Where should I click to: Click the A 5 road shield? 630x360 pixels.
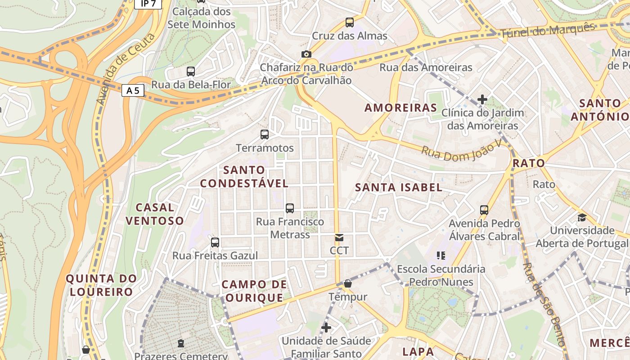(x=133, y=90)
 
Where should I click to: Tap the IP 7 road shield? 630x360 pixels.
(x=147, y=4)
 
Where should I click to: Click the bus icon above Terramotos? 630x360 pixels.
(x=265, y=134)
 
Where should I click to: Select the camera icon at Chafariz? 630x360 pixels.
(x=306, y=54)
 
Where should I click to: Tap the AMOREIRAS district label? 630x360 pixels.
(x=400, y=108)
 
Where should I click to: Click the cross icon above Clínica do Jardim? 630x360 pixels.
(x=482, y=99)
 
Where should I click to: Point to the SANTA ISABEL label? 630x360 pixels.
(x=399, y=187)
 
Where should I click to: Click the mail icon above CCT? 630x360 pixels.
(x=339, y=237)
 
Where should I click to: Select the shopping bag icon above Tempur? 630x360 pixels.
(x=347, y=283)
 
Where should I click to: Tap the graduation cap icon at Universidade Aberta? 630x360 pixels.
(x=582, y=217)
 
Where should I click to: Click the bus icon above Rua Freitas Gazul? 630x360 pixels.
(x=215, y=242)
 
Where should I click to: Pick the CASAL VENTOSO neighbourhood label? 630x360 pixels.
(x=155, y=214)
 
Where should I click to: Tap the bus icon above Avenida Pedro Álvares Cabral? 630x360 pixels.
(x=484, y=210)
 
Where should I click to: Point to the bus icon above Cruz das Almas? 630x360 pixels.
(x=349, y=22)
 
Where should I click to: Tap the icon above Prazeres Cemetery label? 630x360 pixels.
(x=181, y=344)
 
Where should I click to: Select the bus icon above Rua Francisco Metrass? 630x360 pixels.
(x=290, y=208)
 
